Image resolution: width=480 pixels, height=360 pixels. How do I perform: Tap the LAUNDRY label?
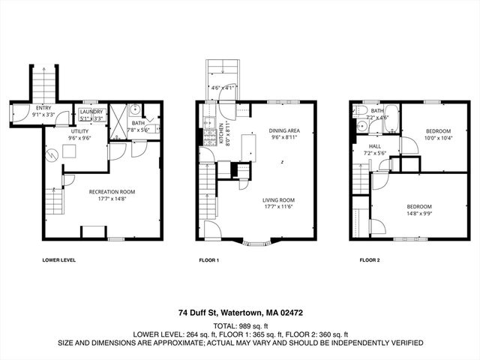click(x=91, y=111)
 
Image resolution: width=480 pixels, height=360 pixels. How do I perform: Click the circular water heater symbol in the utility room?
click(x=52, y=155)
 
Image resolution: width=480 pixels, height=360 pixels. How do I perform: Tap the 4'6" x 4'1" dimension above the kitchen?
click(x=223, y=88)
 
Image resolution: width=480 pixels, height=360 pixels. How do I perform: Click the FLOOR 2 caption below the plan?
click(x=370, y=260)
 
